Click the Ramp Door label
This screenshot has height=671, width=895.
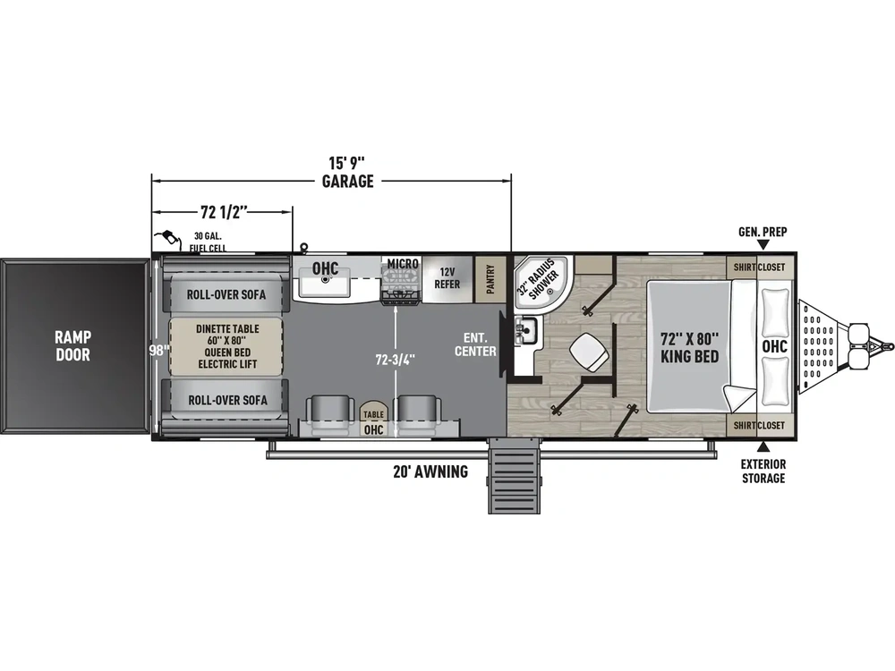click(x=72, y=345)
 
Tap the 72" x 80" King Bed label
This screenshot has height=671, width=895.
click(x=689, y=347)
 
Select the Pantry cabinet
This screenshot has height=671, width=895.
click(x=490, y=279)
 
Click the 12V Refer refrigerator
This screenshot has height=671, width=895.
click(x=447, y=278)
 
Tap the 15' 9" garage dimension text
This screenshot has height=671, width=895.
click(x=347, y=173)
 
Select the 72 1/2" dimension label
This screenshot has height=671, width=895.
click(x=224, y=212)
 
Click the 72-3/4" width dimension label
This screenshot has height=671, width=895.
click(x=395, y=360)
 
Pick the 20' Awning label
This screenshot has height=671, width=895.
click(x=430, y=471)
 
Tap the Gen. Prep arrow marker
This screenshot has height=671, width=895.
click(x=763, y=245)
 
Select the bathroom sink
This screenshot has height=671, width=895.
click(x=525, y=330)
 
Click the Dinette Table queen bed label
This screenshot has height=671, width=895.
click(x=226, y=346)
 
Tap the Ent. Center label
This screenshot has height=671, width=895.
click(x=475, y=344)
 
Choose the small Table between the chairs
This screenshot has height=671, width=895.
click(x=373, y=414)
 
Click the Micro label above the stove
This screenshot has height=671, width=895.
click(x=403, y=264)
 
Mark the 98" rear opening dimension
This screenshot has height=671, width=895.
click(x=158, y=351)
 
